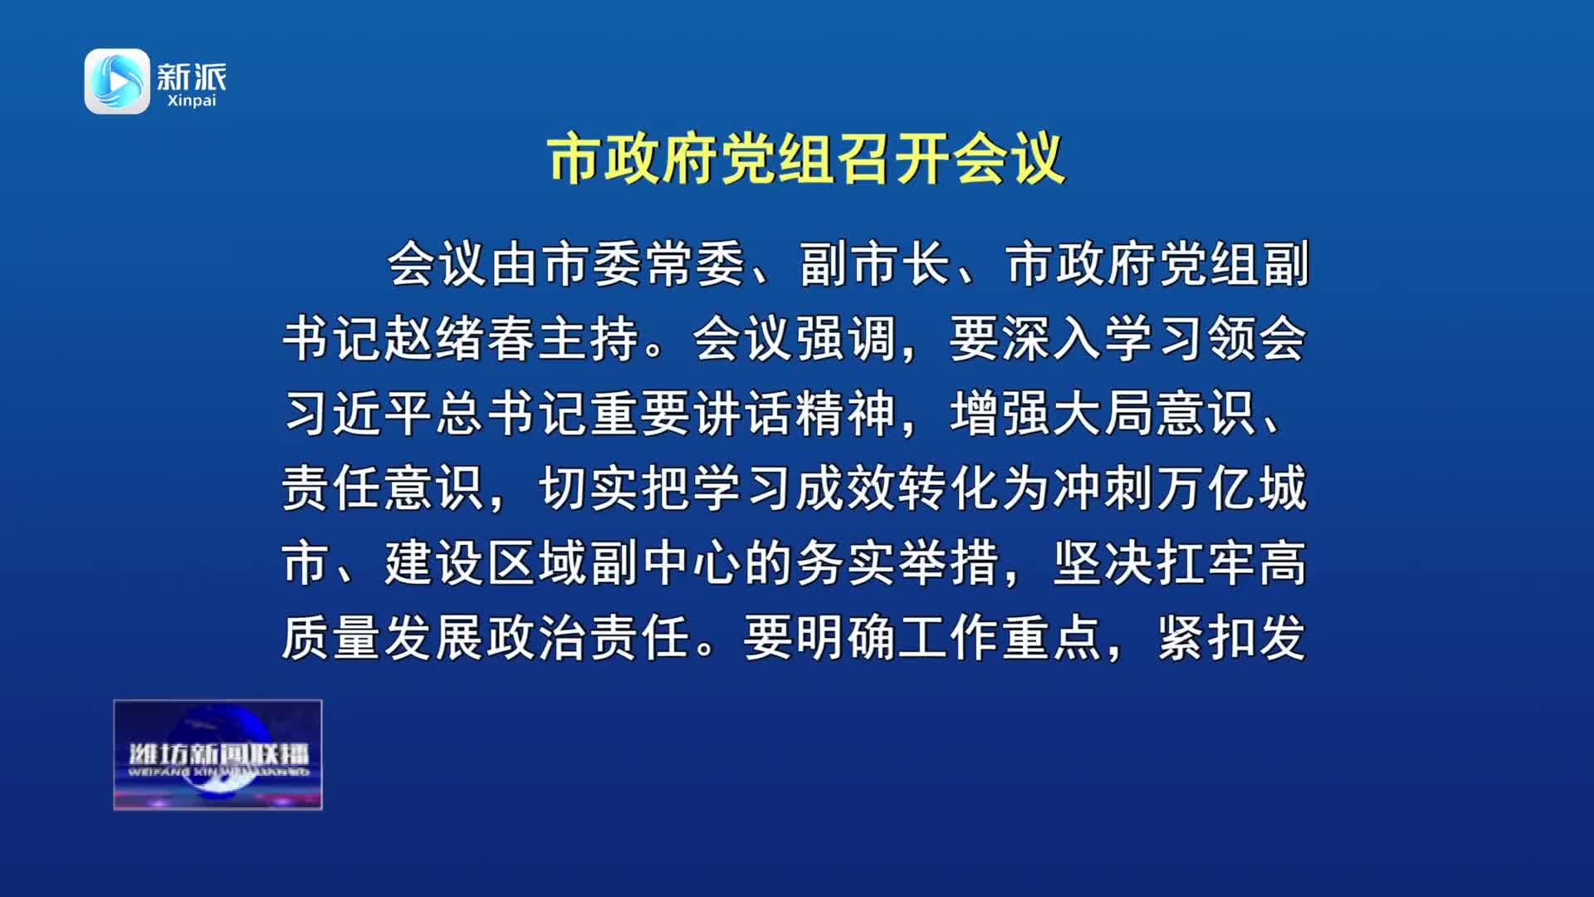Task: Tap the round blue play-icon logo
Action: pyautogui.click(x=117, y=81)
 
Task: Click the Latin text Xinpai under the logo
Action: pyautogui.click(x=191, y=100)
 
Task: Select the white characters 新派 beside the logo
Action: pyautogui.click(x=192, y=76)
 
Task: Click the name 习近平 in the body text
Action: pyautogui.click(x=359, y=414)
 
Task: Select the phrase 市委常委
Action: pyautogui.click(x=644, y=264)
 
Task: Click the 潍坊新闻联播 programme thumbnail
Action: pyautogui.click(x=218, y=755)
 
